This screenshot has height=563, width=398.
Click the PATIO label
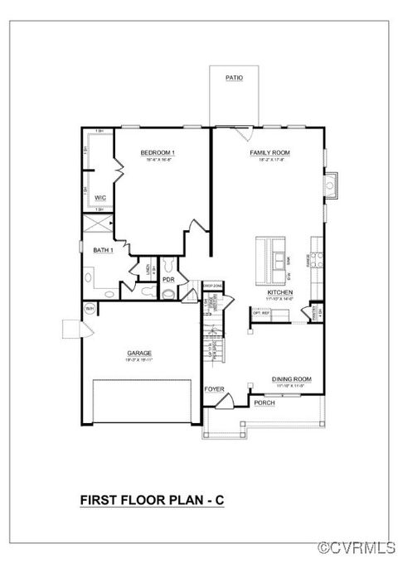tap(234, 78)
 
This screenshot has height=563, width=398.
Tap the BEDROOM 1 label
tap(158, 153)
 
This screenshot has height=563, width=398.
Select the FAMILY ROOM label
tap(269, 153)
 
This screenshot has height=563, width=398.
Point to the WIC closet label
tap(99, 198)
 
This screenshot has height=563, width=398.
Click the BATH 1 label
tap(103, 250)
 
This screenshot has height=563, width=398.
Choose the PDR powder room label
tap(168, 279)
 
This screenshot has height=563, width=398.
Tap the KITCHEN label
tap(279, 293)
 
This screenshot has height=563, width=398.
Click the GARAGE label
tap(138, 353)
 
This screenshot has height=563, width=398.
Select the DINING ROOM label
tap(291, 380)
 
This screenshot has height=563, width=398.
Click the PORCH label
tap(264, 402)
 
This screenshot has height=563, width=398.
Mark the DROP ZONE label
tap(212, 286)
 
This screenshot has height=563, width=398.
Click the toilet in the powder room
tap(169, 265)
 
